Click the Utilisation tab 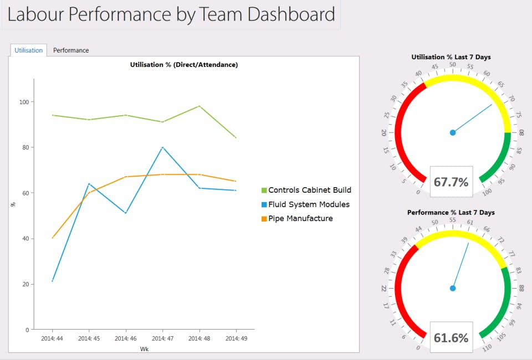point(29,50)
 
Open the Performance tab point(71,50)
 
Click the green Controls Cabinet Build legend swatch point(264,191)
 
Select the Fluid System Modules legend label point(309,204)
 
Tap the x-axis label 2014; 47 point(162,337)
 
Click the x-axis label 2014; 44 point(52,337)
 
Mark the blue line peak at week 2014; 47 point(162,147)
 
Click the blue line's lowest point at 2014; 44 point(52,281)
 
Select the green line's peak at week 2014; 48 point(199,106)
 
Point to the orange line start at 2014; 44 point(52,238)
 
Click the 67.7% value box point(451,182)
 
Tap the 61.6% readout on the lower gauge point(451,337)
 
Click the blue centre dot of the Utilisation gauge point(453,132)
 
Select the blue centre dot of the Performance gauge point(453,288)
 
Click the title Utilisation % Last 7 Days point(451,57)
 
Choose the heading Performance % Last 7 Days point(451,213)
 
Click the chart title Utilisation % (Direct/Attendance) point(184,65)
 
